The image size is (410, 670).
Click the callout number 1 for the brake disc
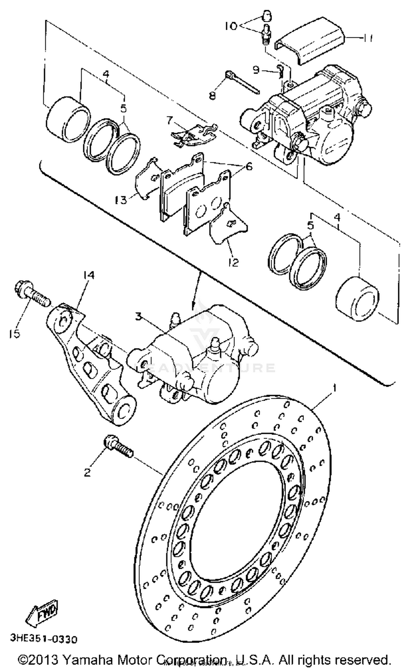334,388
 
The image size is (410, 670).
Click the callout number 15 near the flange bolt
14,334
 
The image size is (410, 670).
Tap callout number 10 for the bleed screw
232,27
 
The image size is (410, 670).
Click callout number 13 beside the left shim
121,200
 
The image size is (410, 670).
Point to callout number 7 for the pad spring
170,120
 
